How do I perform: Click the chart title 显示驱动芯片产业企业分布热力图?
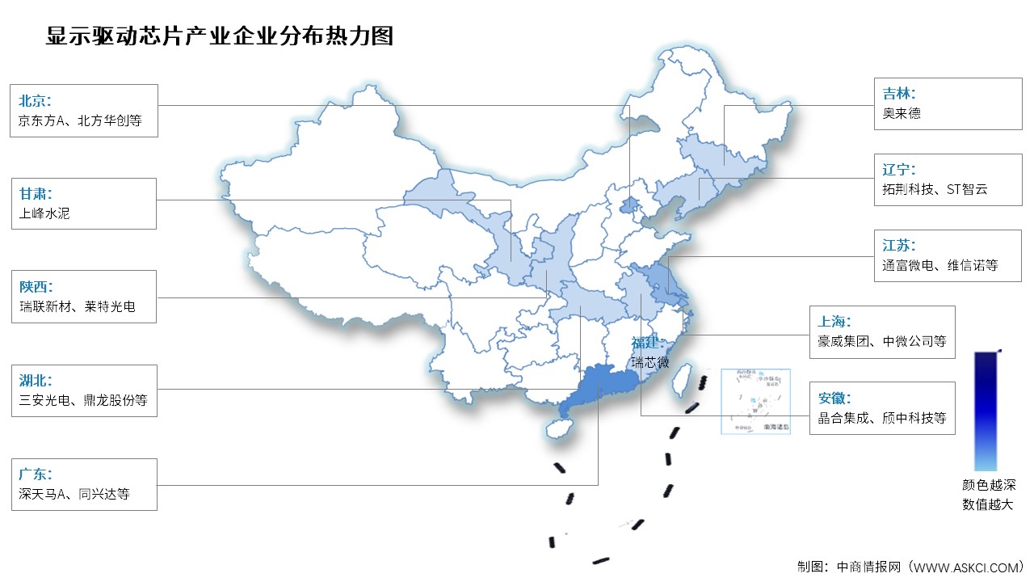(220, 36)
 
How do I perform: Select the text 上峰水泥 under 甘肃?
(44, 214)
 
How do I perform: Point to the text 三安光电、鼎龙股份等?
(83, 400)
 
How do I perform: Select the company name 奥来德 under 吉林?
(901, 113)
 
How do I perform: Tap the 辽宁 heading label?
(898, 170)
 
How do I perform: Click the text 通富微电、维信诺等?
(940, 265)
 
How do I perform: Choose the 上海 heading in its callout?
(834, 321)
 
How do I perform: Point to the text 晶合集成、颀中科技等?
(881, 419)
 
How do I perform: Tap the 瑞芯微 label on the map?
(650, 362)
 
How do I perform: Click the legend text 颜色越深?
(988, 486)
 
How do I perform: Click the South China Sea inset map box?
(756, 401)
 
